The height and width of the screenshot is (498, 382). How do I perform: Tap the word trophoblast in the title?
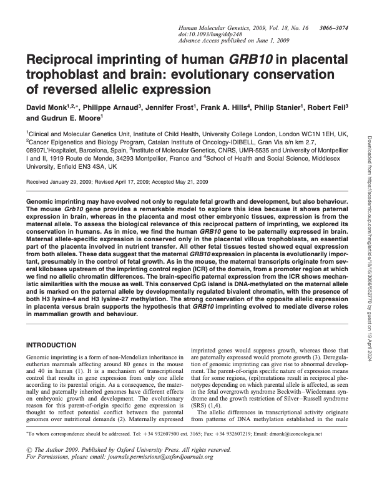(64, 76)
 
